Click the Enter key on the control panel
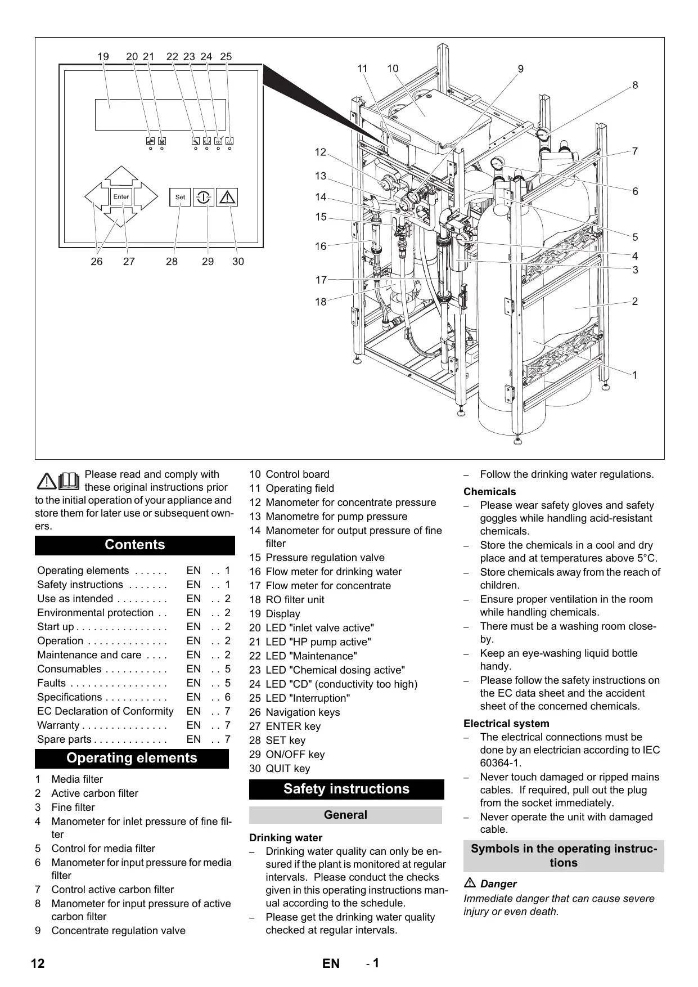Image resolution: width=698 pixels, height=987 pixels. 121,197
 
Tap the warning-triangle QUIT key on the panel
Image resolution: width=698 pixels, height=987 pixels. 227,198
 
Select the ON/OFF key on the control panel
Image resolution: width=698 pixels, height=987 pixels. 204,198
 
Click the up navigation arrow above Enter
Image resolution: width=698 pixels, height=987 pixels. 121,176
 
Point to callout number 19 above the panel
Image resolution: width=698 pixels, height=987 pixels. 103,57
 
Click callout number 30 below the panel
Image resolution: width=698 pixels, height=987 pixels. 238,262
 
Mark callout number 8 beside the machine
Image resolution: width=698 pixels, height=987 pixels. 635,86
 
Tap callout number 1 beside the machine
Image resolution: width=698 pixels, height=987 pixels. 635,375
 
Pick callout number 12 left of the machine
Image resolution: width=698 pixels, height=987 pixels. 321,152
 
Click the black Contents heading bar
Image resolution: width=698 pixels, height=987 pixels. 135,545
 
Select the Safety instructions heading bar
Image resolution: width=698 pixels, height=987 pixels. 346,789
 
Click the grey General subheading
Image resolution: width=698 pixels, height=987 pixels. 345,815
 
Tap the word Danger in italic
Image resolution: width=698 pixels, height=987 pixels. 498,884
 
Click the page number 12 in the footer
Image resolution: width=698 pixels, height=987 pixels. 38,963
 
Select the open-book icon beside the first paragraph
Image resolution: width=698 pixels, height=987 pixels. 68,480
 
